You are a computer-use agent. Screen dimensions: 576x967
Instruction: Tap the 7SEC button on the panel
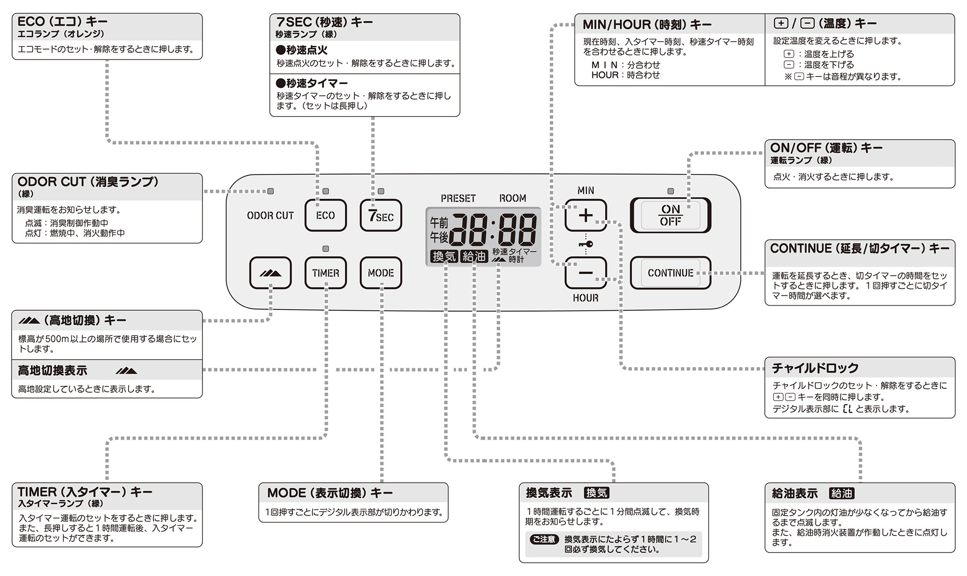tap(381, 216)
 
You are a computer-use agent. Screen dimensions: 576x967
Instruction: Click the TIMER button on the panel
tap(325, 273)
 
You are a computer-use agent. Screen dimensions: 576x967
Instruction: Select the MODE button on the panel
tap(381, 273)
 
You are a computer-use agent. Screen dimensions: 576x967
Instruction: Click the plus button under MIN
tap(586, 216)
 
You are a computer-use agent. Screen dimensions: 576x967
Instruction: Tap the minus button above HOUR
tap(586, 273)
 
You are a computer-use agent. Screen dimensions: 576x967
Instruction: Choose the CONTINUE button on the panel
tap(670, 273)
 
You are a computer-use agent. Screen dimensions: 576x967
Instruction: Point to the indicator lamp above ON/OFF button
tap(670, 191)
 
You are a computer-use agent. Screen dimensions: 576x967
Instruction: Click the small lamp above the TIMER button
tap(325, 249)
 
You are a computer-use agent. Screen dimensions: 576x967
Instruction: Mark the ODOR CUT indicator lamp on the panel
tap(271, 191)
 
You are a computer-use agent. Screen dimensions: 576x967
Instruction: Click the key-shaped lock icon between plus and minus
tap(586, 245)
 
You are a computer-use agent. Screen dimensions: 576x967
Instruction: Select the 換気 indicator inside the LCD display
tap(444, 257)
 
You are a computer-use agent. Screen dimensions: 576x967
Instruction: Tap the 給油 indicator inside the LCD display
tap(474, 257)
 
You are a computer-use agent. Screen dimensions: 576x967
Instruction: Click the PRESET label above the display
tap(458, 199)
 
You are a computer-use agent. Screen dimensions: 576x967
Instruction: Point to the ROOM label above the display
tap(513, 199)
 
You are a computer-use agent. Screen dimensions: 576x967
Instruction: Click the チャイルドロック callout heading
tap(815, 368)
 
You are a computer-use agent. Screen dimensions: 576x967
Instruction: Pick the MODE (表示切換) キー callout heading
tap(330, 493)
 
